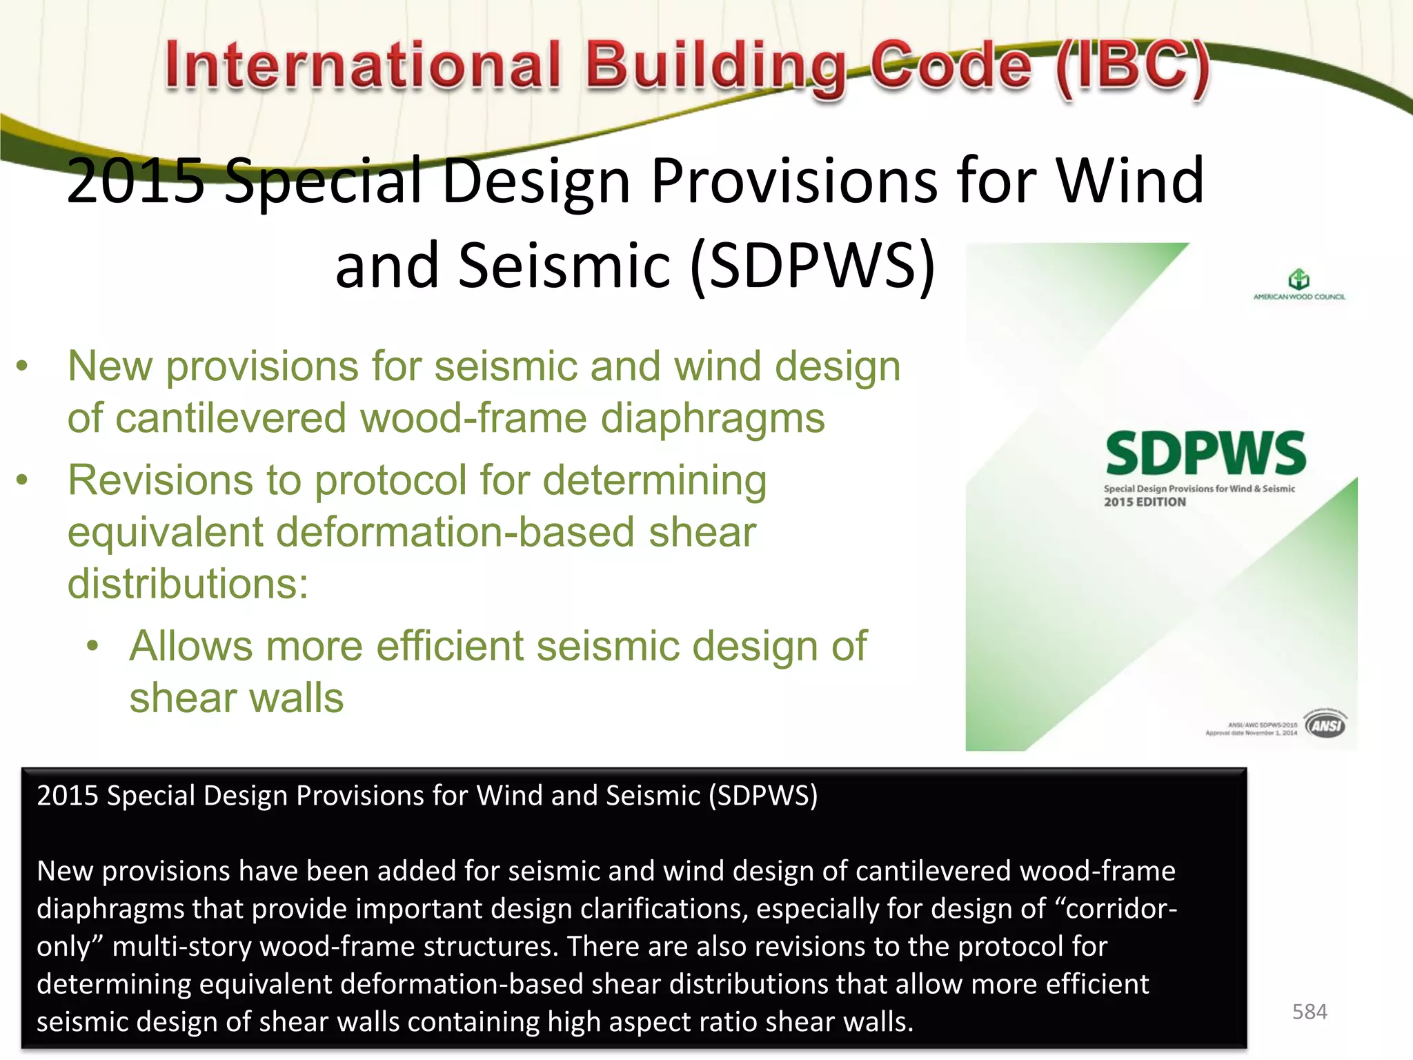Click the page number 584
point(1309,1012)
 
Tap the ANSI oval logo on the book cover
point(1325,725)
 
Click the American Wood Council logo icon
point(1298,279)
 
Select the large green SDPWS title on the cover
point(1205,453)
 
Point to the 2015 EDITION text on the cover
point(1145,502)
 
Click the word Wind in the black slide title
point(1130,181)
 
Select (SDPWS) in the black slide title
point(812,266)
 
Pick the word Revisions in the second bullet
point(161,480)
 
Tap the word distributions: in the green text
point(188,584)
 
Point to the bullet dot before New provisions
point(23,366)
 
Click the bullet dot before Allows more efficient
point(93,647)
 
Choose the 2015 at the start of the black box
point(67,796)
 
